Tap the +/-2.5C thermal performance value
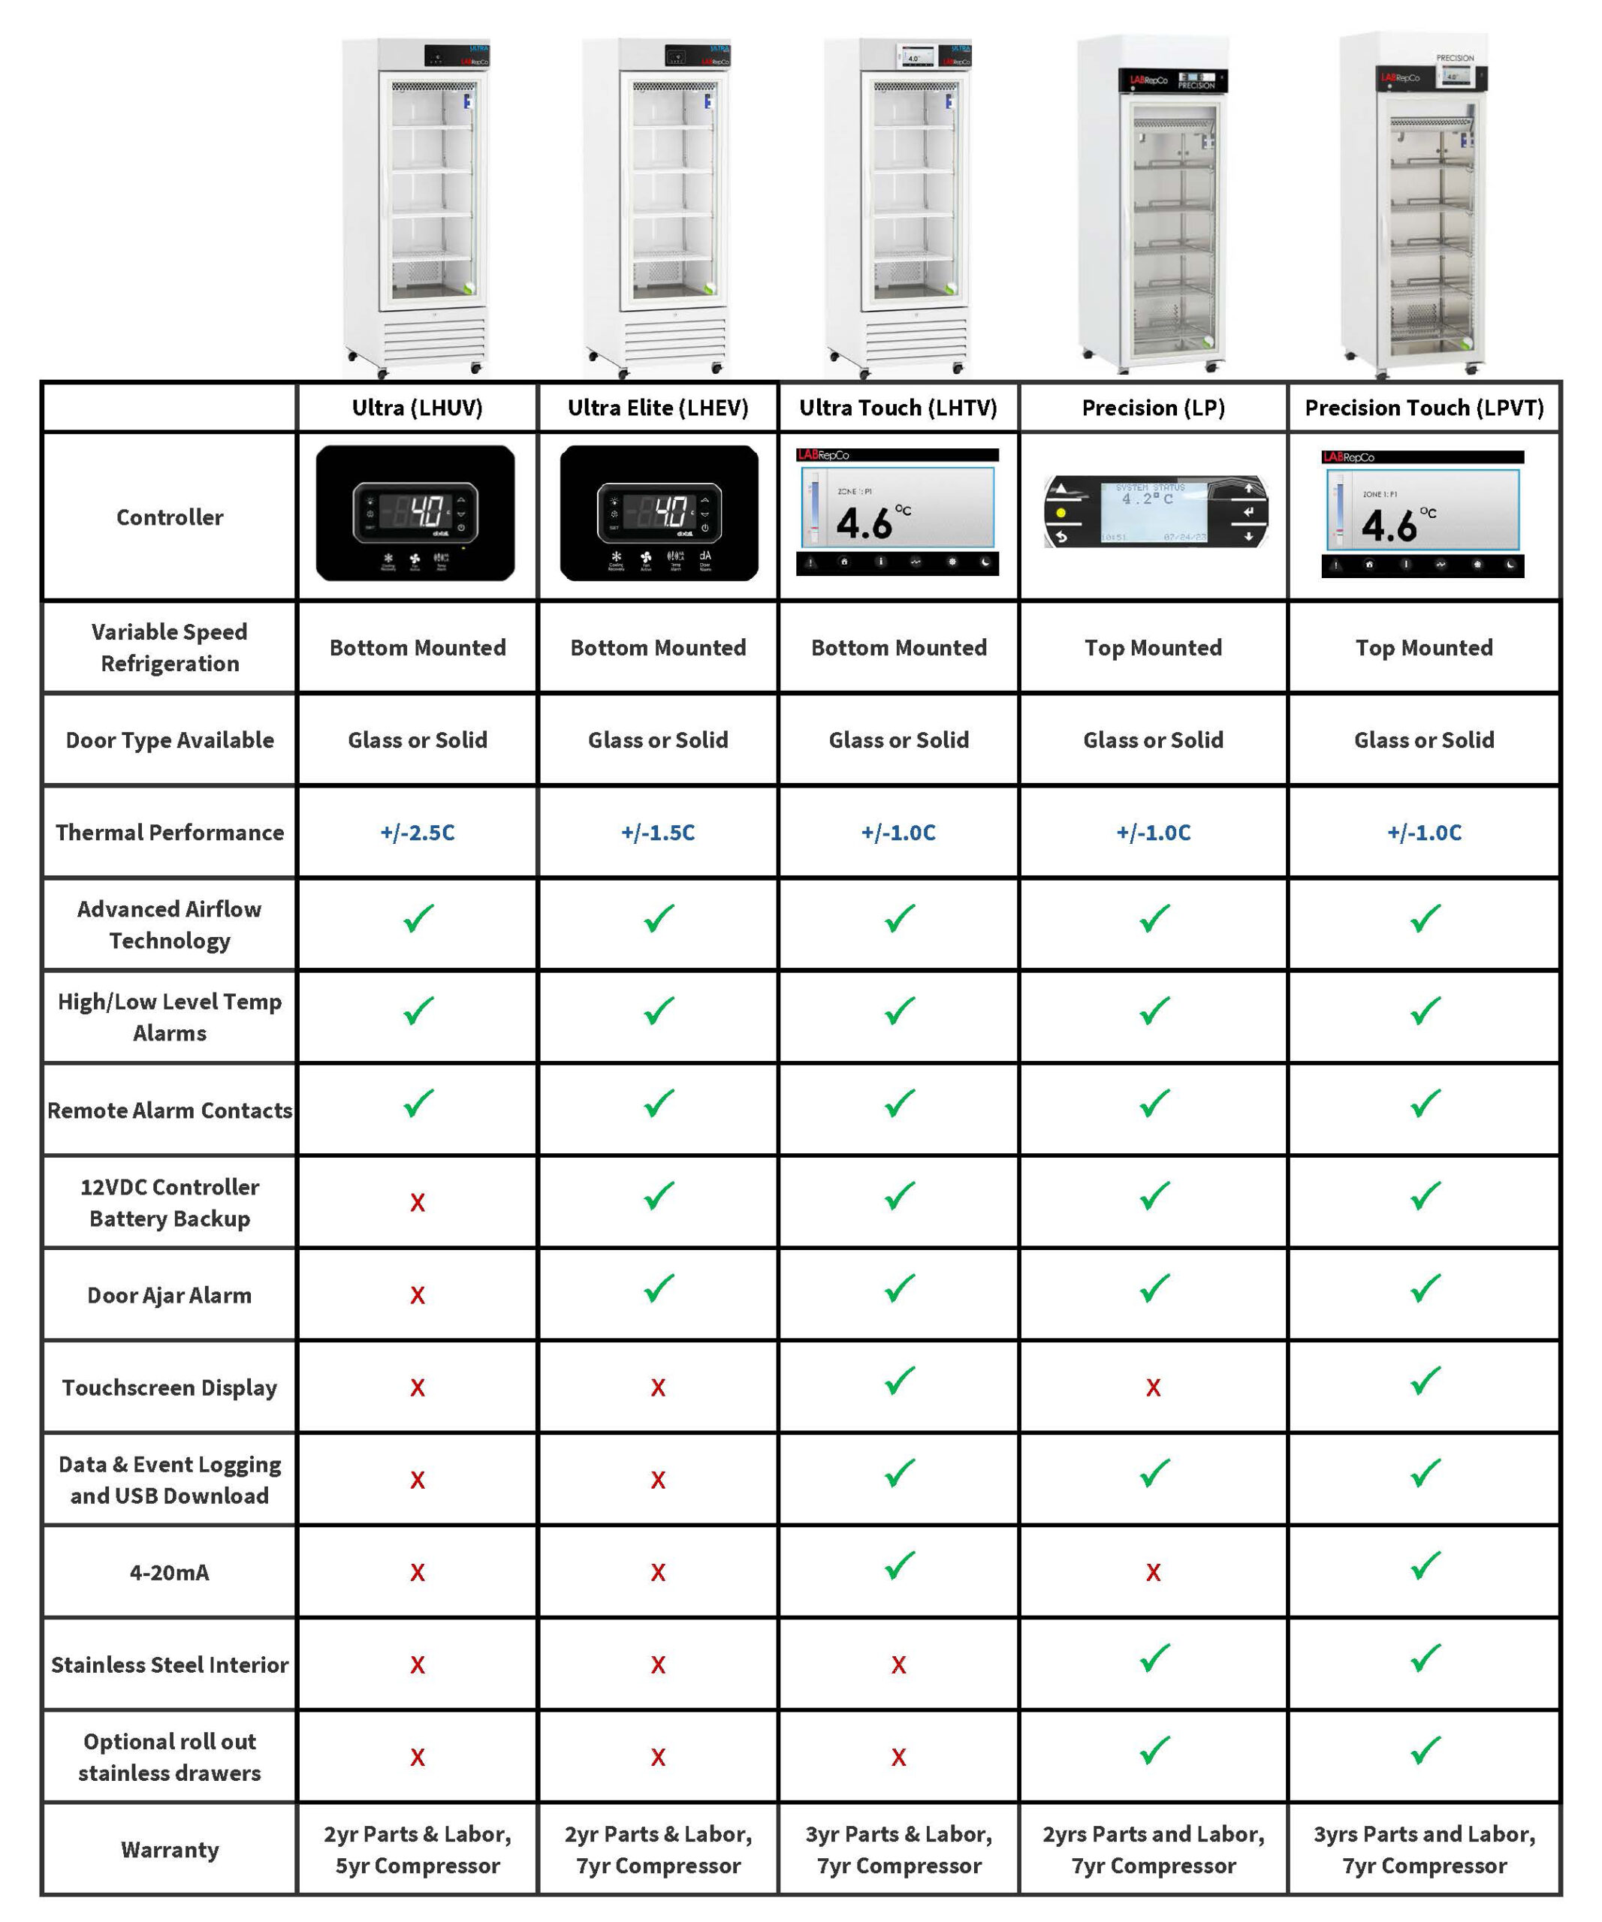tap(418, 832)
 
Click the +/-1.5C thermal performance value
tap(657, 832)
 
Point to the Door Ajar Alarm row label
tap(169, 1295)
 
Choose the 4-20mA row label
tap(169, 1572)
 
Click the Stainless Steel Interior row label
tap(169, 1664)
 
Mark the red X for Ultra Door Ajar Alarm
tap(418, 1295)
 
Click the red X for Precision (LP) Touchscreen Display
tap(1153, 1387)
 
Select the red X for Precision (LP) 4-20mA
tap(1153, 1572)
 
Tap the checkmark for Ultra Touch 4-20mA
tap(899, 1567)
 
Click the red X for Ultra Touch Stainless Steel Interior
tap(898, 1664)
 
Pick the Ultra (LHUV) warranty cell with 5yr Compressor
tap(418, 1850)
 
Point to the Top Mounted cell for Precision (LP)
tap(1153, 648)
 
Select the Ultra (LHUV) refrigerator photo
tap(417, 206)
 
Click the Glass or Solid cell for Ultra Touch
tap(898, 740)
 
